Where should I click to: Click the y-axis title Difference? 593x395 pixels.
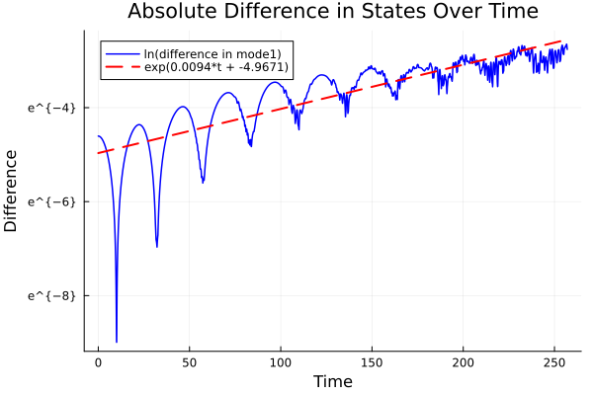(11, 191)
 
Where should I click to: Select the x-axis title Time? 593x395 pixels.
(332, 381)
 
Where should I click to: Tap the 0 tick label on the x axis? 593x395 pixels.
(98, 362)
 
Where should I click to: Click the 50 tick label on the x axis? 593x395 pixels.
(189, 362)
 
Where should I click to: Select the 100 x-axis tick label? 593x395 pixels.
(281, 362)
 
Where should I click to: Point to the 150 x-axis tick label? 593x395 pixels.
(372, 362)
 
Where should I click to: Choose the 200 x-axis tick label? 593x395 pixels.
(463, 362)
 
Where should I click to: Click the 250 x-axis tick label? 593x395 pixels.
(554, 362)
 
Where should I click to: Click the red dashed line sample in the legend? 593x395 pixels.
(124, 68)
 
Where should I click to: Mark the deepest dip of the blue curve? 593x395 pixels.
(117, 342)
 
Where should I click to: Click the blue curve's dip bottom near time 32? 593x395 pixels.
(157, 246)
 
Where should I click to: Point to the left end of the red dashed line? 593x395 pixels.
(99, 153)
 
